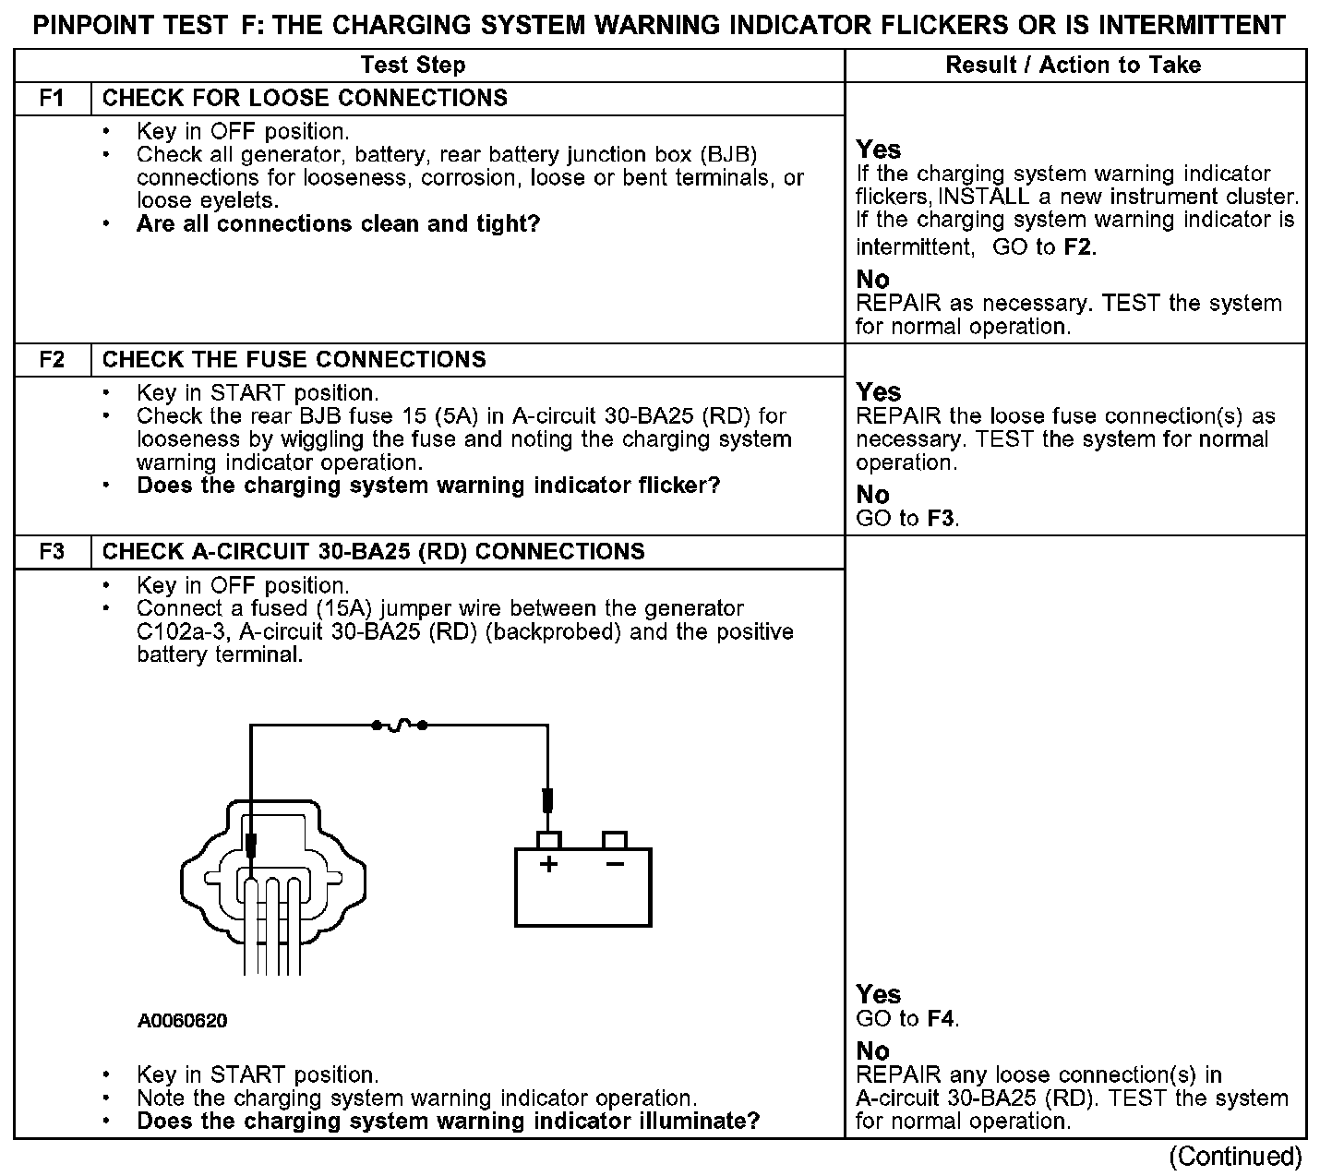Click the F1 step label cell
[53, 98]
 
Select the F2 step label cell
[53, 359]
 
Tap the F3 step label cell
[53, 551]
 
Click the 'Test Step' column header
[413, 65]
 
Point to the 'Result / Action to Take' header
[1074, 65]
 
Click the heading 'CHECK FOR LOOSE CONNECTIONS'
[305, 98]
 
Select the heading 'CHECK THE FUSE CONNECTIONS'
[294, 359]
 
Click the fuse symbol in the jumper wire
[399, 726]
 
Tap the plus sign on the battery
[549, 864]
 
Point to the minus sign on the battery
[614, 864]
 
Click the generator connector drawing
[272, 877]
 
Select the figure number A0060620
[183, 1021]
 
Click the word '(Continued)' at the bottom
[1235, 1156]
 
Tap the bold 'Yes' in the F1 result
[878, 150]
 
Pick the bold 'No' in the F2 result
[872, 495]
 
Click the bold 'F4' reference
[940, 1019]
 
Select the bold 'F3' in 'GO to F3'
[940, 518]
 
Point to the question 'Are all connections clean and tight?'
[338, 223]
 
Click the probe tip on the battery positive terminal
[547, 799]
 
